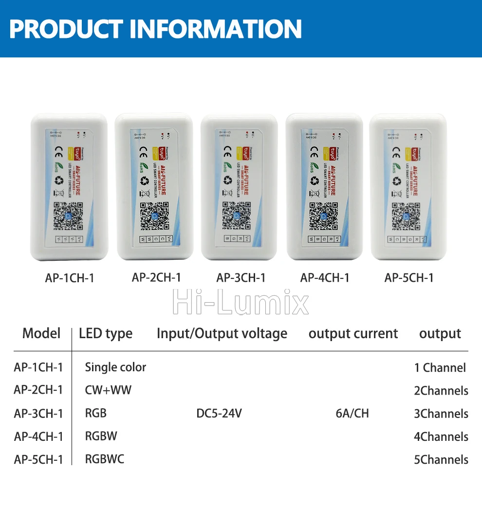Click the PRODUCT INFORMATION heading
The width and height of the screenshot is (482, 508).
tap(156, 29)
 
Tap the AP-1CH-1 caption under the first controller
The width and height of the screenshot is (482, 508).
tap(70, 278)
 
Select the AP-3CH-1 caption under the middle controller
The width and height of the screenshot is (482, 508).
tap(241, 278)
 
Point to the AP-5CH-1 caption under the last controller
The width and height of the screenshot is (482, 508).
tap(409, 278)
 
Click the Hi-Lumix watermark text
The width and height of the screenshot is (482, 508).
tap(241, 303)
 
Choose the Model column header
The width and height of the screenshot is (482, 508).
tap(41, 333)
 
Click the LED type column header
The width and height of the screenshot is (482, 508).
tap(106, 334)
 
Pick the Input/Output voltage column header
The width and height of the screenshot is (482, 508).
tap(222, 334)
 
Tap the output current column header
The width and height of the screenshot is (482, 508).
tap(353, 334)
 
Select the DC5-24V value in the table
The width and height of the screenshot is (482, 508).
tap(219, 414)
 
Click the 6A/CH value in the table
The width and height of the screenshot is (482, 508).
tap(352, 414)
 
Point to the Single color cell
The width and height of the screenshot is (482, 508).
tap(115, 367)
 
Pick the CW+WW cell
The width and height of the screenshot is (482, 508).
tap(108, 390)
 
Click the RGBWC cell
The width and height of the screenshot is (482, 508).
tap(105, 459)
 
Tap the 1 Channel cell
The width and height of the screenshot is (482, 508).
tap(440, 368)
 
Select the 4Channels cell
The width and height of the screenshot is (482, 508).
tap(441, 436)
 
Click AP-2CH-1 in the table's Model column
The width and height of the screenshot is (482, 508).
tap(38, 390)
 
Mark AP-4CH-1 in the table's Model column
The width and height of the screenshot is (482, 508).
tap(38, 436)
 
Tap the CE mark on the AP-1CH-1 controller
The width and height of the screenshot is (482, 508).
tap(57, 149)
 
